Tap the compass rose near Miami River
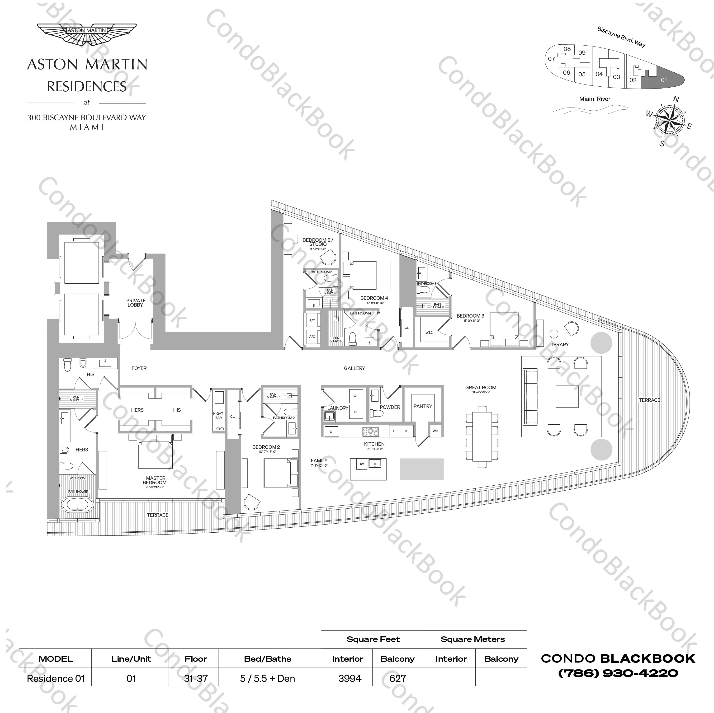tap(669, 120)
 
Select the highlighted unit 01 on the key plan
tap(663, 80)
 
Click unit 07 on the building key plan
tap(551, 59)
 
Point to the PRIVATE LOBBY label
tap(136, 303)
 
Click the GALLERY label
tap(354, 368)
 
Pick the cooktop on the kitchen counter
tap(370, 431)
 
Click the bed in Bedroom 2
tap(278, 473)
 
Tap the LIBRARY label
tap(559, 344)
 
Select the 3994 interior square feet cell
tap(349, 678)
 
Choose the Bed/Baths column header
tap(268, 659)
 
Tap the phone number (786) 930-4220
tap(618, 673)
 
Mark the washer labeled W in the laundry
tap(355, 396)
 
